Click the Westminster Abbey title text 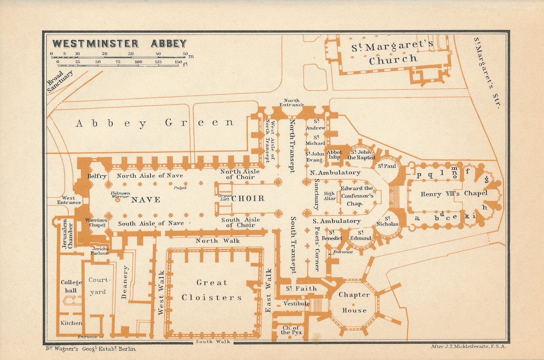pos(119,43)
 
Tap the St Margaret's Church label pos(392,53)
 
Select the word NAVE pos(146,200)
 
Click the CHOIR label pos(248,199)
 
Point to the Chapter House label pos(354,302)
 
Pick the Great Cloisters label pos(211,290)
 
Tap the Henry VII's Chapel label pos(453,194)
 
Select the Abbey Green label pos(155,123)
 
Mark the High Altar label pos(330,196)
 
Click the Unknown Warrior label pos(120,195)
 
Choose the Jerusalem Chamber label pos(67,234)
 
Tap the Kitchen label pos(71,323)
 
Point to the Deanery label pos(125,282)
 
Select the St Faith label pos(301,288)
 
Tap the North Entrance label pos(292,102)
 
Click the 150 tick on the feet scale pos(178,62)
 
